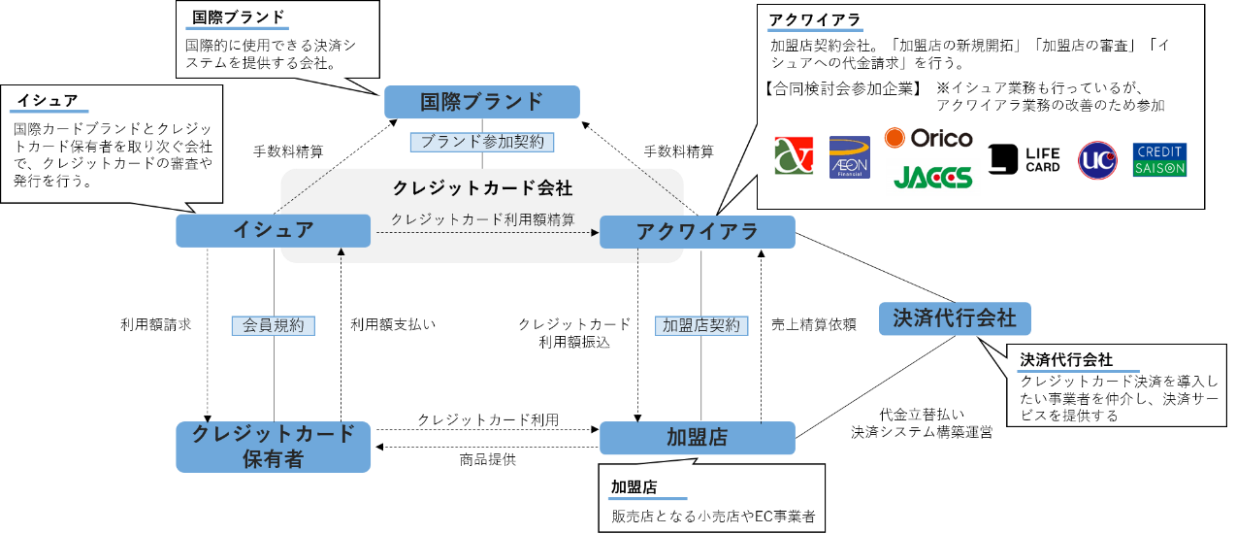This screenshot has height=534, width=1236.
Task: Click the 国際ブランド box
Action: point(481,102)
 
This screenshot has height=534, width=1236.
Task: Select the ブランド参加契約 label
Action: point(482,142)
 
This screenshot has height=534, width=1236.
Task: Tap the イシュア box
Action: point(273,231)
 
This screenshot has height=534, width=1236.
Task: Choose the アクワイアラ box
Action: point(697,232)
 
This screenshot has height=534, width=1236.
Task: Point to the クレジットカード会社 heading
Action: point(482,188)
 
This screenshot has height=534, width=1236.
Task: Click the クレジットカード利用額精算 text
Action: point(482,220)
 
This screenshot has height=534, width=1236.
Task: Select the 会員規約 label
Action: point(273,326)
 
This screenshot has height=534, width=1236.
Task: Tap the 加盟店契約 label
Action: point(700,326)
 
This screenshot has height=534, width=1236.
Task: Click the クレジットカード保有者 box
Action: point(273,447)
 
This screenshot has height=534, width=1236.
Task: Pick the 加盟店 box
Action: point(697,438)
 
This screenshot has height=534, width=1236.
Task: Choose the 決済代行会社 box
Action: point(954,318)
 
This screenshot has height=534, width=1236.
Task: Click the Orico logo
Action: point(927,138)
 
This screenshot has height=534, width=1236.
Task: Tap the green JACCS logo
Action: point(932,178)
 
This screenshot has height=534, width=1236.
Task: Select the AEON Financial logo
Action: point(849,157)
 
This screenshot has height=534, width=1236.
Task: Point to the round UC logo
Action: point(1097,160)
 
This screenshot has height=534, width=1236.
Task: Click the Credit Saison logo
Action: point(1159,160)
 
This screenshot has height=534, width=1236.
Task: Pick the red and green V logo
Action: point(794,155)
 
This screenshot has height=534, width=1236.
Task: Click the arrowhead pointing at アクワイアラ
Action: point(595,233)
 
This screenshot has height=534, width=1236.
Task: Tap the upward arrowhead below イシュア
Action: point(341,252)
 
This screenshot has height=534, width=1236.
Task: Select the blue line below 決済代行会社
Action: point(1077,371)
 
